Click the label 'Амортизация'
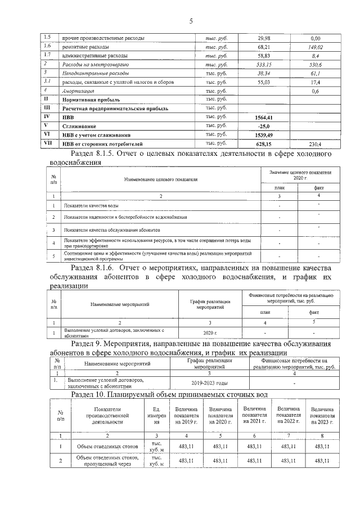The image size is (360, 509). click(79, 91)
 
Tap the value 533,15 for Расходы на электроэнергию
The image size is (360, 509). click(263, 65)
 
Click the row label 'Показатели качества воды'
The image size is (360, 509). click(90, 206)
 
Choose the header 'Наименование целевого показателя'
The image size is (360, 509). click(158, 179)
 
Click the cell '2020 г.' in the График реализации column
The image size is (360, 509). click(210, 334)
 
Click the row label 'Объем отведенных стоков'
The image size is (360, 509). click(100, 447)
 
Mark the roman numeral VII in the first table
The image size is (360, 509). click(48, 144)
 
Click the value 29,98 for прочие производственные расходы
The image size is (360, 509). click(263, 38)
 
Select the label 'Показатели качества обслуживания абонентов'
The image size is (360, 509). click(112, 230)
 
